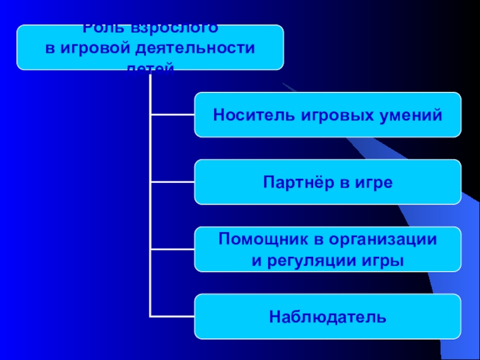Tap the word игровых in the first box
pos(317,114)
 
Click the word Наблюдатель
pos(328,316)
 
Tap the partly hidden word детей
pos(150,67)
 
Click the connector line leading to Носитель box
pos(172,114)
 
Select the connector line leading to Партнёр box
pos(172,182)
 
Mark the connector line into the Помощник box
pos(172,250)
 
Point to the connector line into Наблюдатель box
pos(172,316)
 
